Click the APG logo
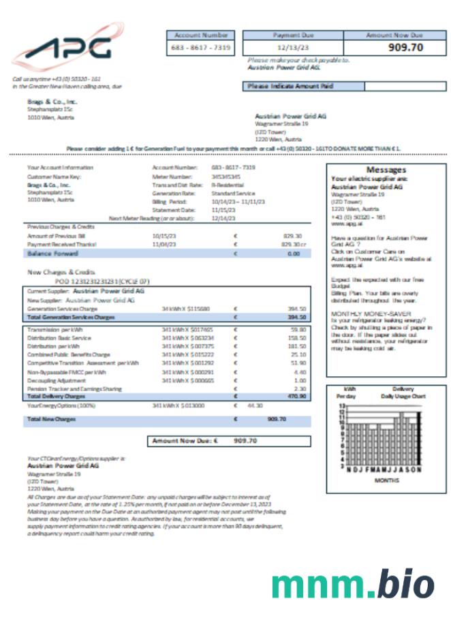pos(66,48)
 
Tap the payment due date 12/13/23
pos(294,48)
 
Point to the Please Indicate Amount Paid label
pos(290,87)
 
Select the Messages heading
pos(386,170)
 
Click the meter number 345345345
pos(225,176)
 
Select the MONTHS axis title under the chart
pos(383,479)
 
